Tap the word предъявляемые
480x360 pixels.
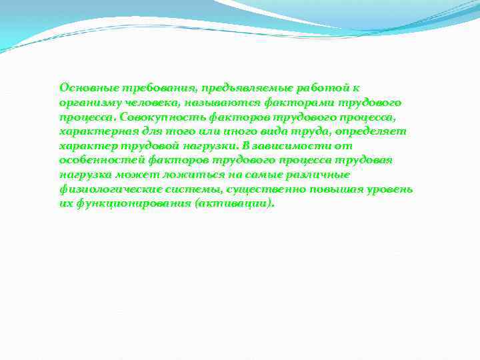[231, 87]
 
